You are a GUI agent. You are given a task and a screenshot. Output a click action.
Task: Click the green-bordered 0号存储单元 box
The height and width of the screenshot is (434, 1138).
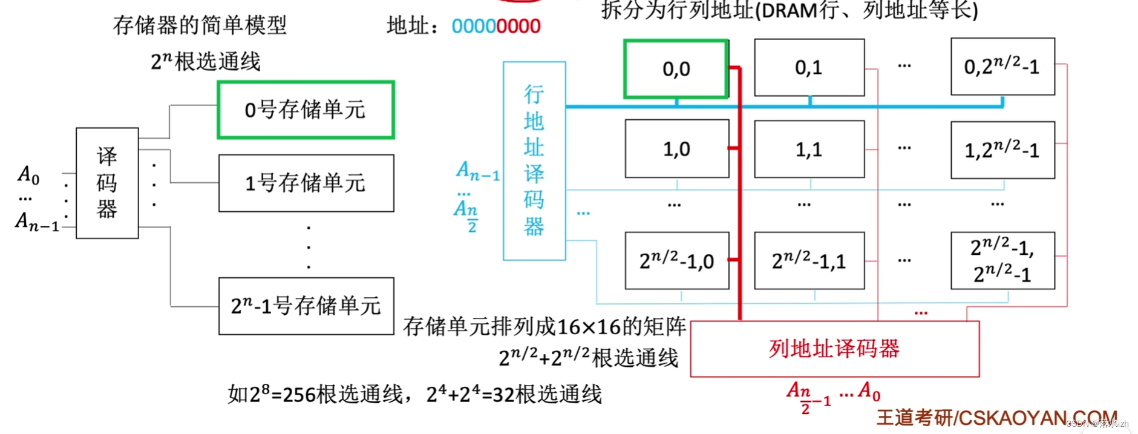(x=306, y=110)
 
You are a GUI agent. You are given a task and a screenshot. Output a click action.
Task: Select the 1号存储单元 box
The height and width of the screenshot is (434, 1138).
(x=306, y=183)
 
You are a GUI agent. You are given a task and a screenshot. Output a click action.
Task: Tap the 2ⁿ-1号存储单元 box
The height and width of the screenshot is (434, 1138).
(x=306, y=306)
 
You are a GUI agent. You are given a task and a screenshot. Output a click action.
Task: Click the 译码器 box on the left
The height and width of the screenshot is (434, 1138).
(x=107, y=183)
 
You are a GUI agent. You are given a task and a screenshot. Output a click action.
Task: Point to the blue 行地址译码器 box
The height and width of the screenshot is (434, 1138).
(x=534, y=160)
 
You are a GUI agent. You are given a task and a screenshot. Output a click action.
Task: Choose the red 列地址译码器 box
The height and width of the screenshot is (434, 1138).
(x=834, y=349)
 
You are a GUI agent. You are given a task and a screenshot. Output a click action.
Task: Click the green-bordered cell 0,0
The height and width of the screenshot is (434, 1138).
(x=676, y=69)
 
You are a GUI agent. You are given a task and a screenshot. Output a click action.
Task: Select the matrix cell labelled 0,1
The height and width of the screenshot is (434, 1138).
(x=809, y=68)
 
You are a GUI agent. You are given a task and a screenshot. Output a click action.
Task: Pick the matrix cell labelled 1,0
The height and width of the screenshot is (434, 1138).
(x=676, y=149)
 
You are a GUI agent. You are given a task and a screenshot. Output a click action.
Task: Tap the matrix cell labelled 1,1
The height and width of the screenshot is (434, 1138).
(x=809, y=150)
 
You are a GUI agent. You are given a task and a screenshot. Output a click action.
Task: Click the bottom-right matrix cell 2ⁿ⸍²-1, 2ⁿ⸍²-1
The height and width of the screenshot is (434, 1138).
(x=1002, y=260)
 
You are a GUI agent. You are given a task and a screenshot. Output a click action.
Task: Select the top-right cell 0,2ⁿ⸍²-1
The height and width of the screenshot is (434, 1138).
(x=1002, y=67)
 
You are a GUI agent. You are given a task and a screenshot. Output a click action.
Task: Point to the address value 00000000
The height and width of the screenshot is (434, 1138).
(x=495, y=26)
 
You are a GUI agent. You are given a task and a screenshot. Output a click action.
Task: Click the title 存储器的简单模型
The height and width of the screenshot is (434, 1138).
(x=200, y=25)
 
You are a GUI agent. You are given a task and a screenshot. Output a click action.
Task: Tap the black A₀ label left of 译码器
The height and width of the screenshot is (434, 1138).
(x=28, y=175)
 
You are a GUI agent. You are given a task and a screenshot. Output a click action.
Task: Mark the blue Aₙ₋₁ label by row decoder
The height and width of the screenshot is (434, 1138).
(x=477, y=171)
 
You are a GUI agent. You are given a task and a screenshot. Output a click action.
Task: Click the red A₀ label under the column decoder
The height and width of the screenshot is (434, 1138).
(x=869, y=391)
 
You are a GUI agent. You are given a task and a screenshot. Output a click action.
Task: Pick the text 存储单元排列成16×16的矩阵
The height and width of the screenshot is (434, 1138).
(x=544, y=327)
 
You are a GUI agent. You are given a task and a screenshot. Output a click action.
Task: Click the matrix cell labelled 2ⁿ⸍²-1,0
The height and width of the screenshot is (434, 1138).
(x=676, y=261)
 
